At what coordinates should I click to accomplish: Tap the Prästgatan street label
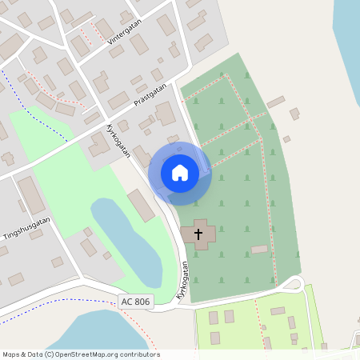151,98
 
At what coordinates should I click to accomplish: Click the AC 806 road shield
134,302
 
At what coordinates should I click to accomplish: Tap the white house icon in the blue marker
180,173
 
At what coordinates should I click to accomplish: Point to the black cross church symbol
198,234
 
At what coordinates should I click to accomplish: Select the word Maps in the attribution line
12,354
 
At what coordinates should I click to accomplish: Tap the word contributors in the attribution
139,354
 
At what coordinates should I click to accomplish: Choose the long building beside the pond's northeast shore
141,206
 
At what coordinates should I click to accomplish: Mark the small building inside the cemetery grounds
259,250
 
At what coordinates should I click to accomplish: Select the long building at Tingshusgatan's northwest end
32,195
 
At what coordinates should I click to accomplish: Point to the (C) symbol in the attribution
49,354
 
